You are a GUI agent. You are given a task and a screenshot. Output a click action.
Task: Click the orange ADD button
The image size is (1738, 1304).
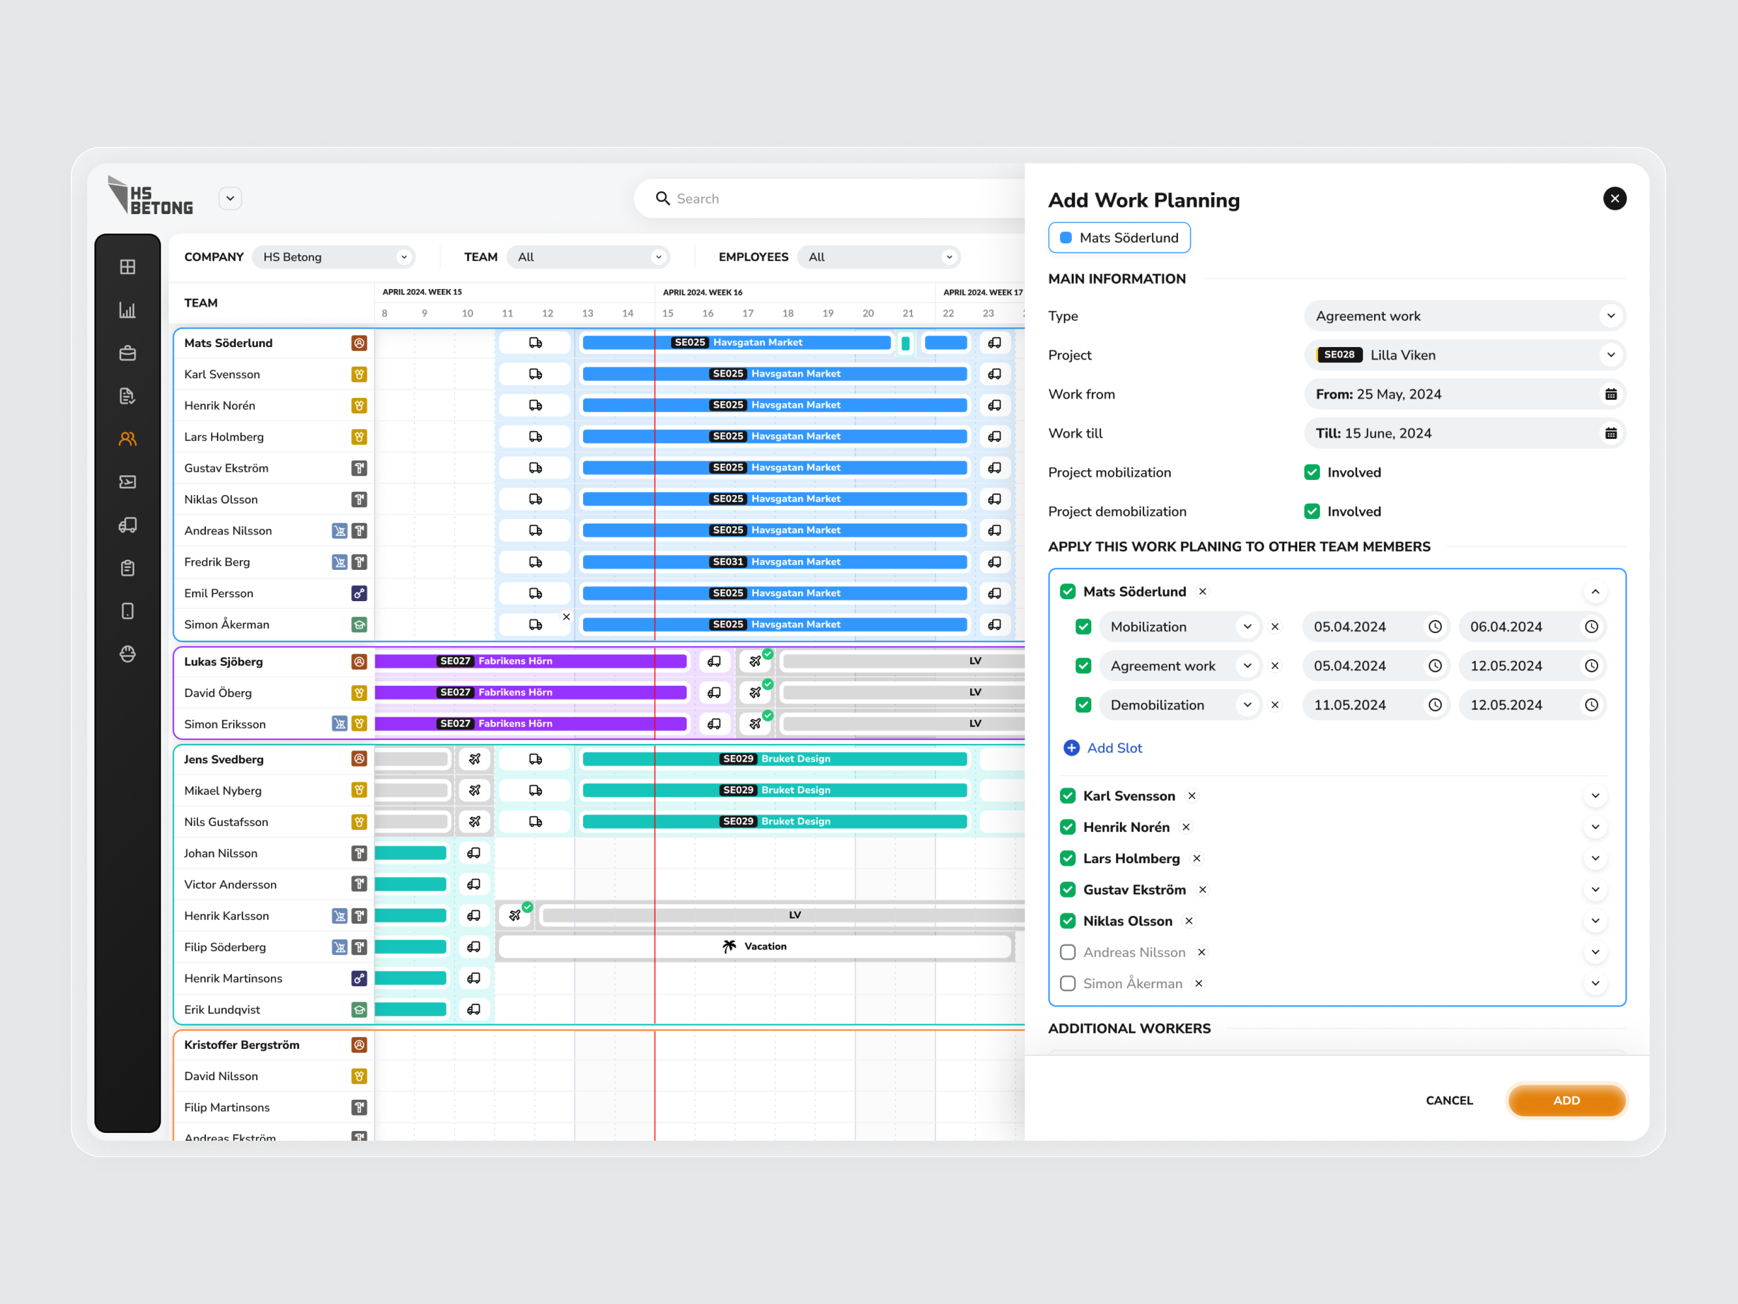pyautogui.click(x=1566, y=1100)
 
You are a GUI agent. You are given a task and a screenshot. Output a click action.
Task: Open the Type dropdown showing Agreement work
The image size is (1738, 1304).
pyautogui.click(x=1464, y=316)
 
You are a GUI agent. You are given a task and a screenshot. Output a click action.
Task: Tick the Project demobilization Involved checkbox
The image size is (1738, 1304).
pyautogui.click(x=1311, y=512)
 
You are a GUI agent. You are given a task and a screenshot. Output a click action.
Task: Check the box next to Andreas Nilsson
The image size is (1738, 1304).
pyautogui.click(x=1067, y=953)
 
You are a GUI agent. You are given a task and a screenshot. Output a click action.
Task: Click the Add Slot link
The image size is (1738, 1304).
pyautogui.click(x=1113, y=749)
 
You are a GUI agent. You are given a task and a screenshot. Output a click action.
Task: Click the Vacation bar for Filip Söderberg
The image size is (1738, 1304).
pyautogui.click(x=755, y=946)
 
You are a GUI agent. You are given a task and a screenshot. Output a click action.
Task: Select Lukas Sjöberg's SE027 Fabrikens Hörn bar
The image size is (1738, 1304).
pyautogui.click(x=530, y=661)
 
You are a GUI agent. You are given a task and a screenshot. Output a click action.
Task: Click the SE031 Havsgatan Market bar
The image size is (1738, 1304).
pyautogui.click(x=775, y=562)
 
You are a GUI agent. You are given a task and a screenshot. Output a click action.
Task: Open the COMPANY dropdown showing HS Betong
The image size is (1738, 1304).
pyautogui.click(x=335, y=257)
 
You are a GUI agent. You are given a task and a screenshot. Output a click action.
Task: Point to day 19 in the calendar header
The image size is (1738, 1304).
pyautogui.click(x=827, y=313)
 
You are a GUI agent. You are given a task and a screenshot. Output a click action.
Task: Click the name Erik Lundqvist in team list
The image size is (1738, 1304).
pyautogui.click(x=222, y=1009)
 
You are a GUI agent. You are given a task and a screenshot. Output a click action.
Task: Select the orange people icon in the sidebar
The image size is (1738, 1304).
pyautogui.click(x=127, y=439)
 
